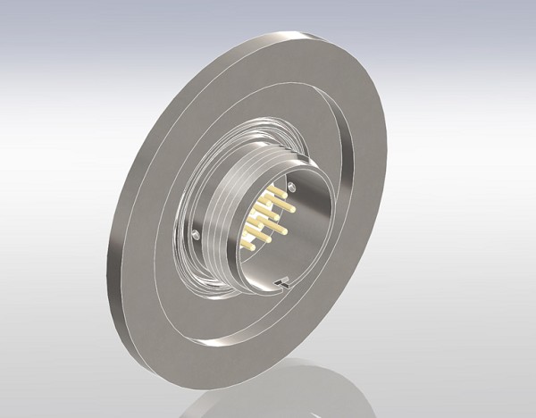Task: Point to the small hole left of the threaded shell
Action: (x=196, y=234)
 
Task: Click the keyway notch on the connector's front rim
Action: (x=282, y=284)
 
